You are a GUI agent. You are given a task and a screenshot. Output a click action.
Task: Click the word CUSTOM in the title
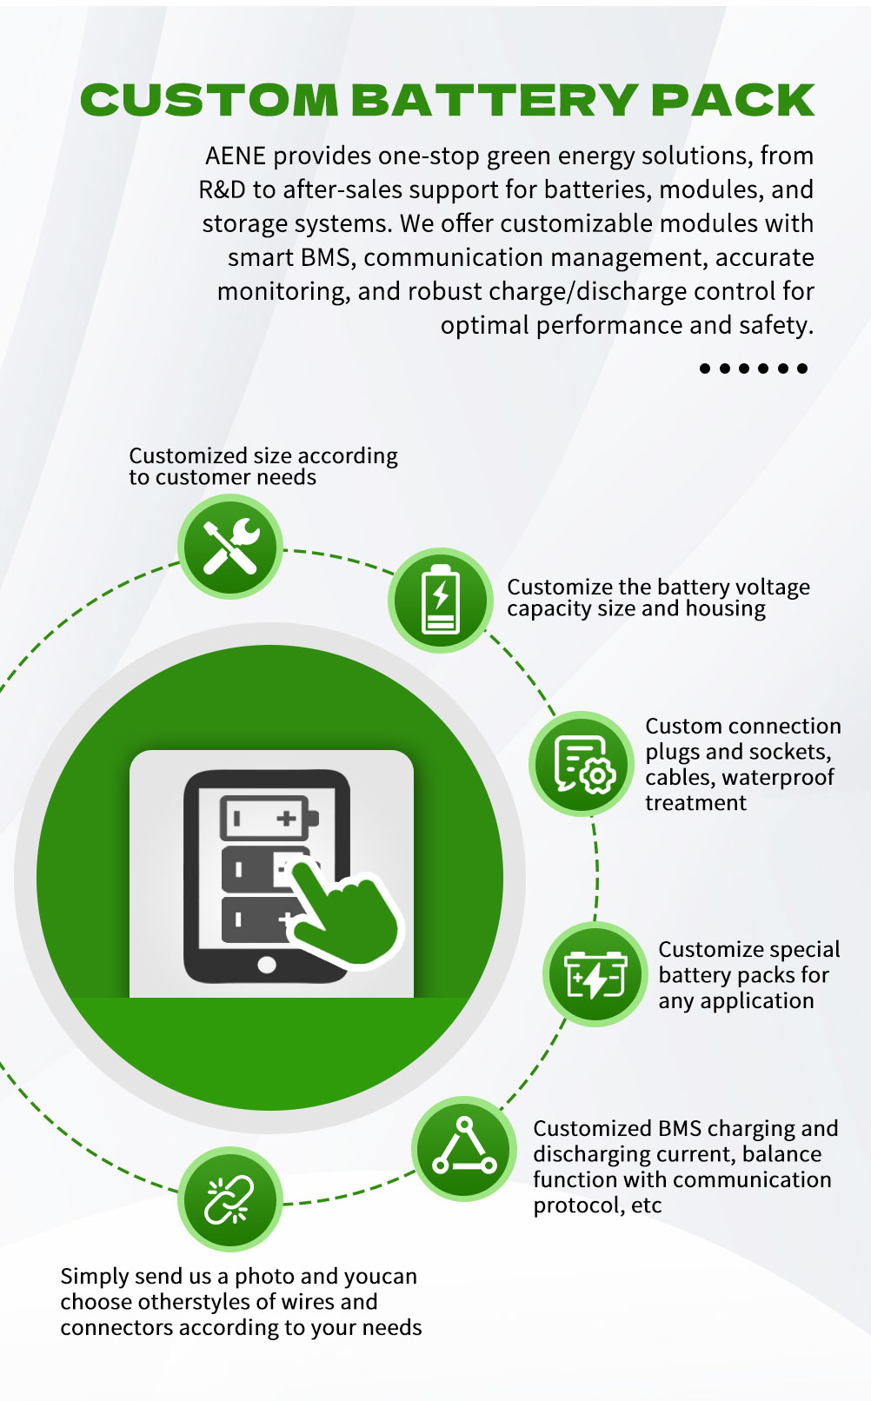(x=209, y=100)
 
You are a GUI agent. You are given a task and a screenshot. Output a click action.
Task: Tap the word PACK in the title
(x=733, y=100)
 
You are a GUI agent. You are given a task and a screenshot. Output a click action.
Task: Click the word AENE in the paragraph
(x=236, y=156)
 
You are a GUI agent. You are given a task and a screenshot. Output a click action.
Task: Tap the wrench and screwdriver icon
(x=230, y=547)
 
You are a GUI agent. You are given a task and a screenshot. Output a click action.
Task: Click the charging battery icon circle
(x=441, y=600)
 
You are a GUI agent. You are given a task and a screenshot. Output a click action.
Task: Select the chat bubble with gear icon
(x=582, y=763)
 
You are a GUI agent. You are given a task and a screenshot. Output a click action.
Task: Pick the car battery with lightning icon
(x=595, y=973)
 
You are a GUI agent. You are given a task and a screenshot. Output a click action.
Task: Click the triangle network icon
(x=463, y=1148)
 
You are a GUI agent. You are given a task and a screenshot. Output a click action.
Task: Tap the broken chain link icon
(x=229, y=1199)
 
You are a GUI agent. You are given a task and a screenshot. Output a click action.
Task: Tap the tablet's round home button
(x=267, y=965)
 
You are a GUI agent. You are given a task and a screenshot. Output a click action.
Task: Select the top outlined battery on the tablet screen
(x=269, y=818)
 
